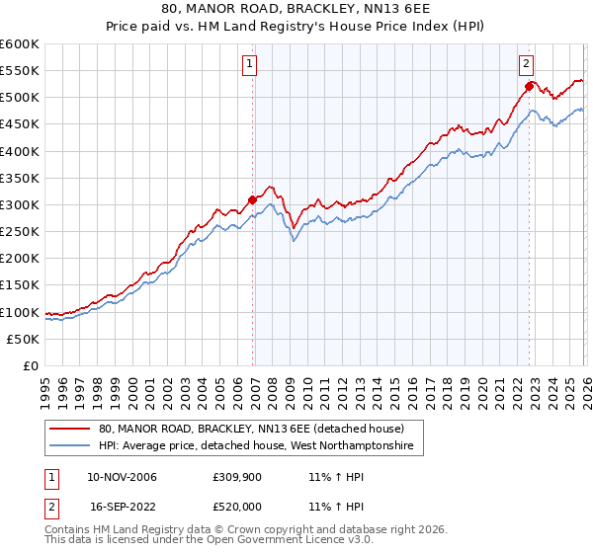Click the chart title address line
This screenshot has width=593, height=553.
296,9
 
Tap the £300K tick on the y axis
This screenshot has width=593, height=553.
20,204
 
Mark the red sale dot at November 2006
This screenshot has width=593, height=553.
252,199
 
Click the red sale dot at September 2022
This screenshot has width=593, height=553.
529,87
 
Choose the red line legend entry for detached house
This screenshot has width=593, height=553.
251,430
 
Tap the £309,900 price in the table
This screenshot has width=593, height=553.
234,477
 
